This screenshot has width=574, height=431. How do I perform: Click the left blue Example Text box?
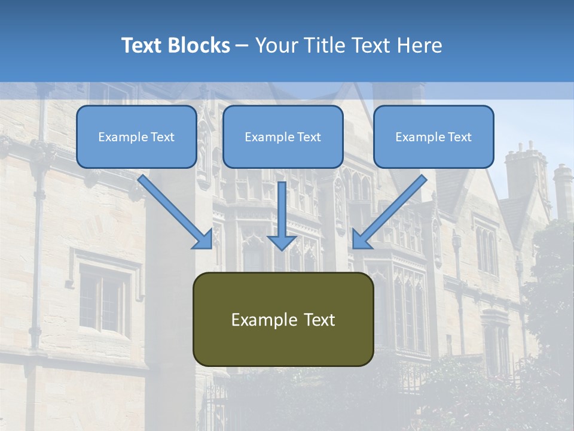(x=136, y=137)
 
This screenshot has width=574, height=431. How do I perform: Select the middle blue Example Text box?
(x=283, y=137)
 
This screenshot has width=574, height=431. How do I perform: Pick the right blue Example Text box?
(x=433, y=137)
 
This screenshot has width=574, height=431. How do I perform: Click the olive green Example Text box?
(x=283, y=320)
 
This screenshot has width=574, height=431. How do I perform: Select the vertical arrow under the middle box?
(x=282, y=210)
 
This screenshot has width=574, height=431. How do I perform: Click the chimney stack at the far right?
(x=562, y=192)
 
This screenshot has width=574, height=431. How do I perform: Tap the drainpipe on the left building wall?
(x=37, y=239)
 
